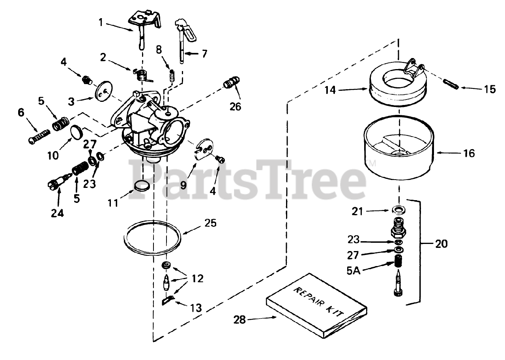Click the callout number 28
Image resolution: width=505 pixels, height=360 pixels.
tap(239, 319)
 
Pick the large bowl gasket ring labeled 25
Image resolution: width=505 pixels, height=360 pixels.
tap(153, 237)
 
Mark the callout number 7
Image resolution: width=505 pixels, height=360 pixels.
tap(204, 53)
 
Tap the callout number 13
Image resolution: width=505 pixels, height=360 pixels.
tap(196, 307)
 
